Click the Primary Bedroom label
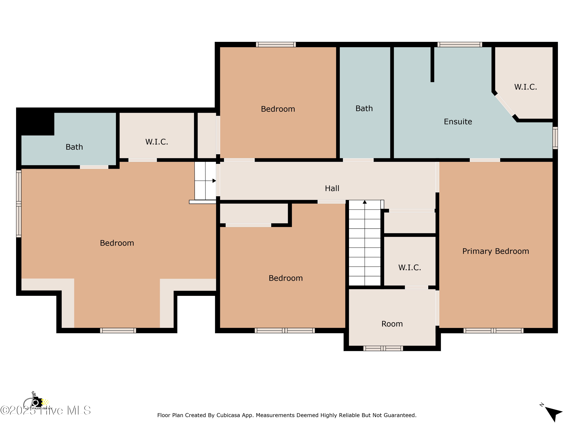point(495,251)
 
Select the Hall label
point(332,188)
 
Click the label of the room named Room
point(392,324)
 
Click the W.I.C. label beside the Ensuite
point(525,87)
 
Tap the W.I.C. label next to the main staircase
point(409,268)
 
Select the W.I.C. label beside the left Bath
point(157,142)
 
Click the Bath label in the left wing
point(74,147)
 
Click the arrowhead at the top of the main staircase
point(365,202)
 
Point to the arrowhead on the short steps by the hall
point(214,181)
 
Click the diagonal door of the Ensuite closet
point(505,105)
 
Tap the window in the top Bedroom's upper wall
point(276,45)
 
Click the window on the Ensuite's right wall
point(555,138)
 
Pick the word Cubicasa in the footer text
point(228,415)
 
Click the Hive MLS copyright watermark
point(45,411)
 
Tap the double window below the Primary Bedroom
point(493,330)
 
